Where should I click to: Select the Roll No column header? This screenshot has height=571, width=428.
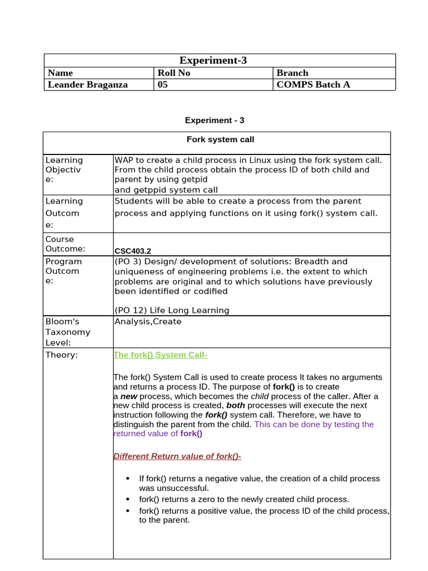click(174, 73)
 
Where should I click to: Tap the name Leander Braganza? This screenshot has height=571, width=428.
click(87, 85)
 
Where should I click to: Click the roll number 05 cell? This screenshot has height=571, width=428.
click(163, 85)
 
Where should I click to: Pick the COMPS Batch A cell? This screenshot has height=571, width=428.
click(313, 85)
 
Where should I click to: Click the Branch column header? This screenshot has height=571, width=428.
click(292, 73)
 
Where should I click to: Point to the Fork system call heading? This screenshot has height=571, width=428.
click(220, 139)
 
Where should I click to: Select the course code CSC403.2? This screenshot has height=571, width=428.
click(132, 251)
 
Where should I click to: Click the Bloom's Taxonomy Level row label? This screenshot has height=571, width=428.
click(67, 332)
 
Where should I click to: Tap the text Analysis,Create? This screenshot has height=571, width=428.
click(148, 322)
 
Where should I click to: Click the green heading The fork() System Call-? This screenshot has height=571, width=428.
click(160, 355)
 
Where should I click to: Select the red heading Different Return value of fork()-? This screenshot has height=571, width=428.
click(177, 456)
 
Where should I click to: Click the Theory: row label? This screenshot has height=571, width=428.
click(61, 355)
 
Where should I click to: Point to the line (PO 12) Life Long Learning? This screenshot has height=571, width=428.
click(172, 311)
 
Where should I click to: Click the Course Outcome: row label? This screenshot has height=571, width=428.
click(65, 244)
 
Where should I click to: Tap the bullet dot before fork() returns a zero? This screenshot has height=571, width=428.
click(128, 500)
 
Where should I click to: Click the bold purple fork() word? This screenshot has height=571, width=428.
click(191, 433)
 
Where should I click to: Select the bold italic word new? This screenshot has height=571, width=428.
click(129, 396)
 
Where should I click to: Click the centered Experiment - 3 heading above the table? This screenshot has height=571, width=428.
click(214, 120)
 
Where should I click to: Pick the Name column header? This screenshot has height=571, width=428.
click(60, 73)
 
